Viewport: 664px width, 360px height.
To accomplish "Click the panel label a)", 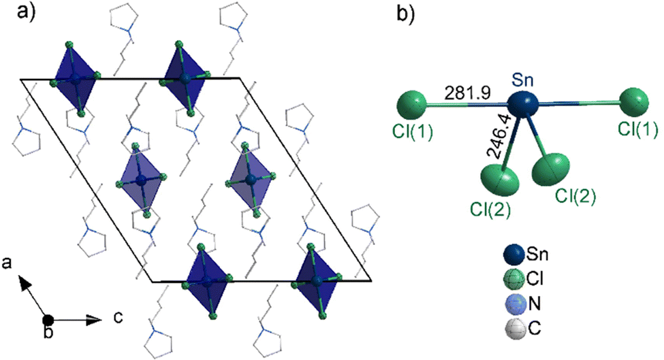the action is (26, 12).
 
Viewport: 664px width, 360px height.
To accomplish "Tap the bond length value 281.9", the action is (467, 93).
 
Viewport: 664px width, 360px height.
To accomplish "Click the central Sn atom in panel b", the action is (522, 104).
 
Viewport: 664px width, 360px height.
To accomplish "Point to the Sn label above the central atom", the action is (522, 80).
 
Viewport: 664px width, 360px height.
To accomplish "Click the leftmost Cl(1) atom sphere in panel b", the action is (412, 105).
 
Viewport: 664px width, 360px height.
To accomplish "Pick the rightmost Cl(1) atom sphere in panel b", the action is (634, 102).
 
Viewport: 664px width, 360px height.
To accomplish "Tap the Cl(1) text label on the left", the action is (413, 132).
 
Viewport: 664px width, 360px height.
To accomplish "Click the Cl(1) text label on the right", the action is (637, 129).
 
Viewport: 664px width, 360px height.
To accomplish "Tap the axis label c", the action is (118, 317).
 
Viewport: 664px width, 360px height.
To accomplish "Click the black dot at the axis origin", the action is (48, 321).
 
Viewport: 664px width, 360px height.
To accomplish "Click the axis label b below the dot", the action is (49, 333).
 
